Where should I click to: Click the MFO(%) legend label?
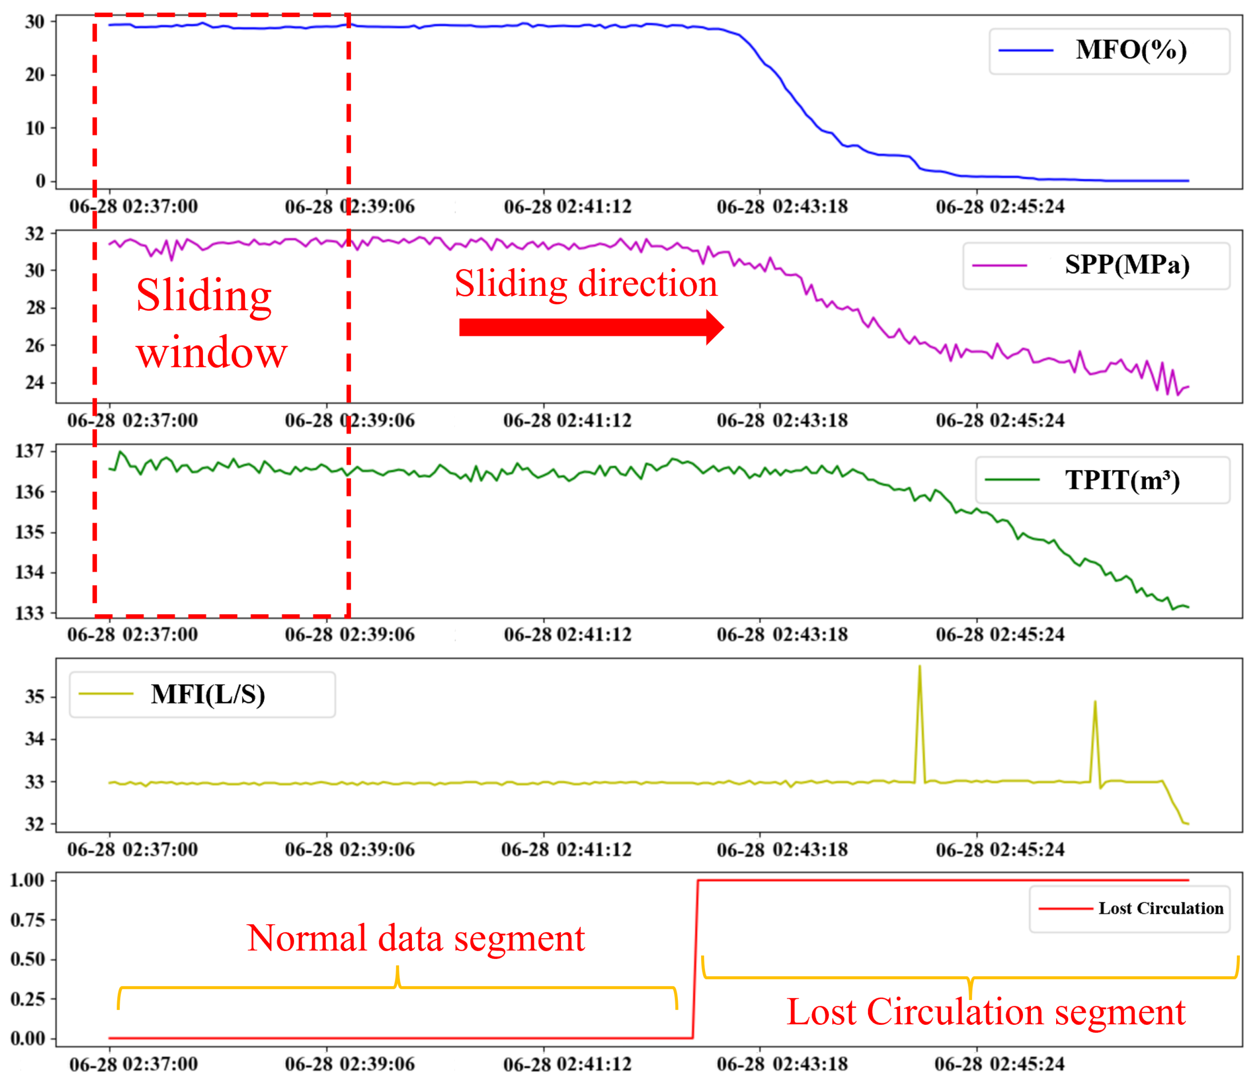tap(1130, 51)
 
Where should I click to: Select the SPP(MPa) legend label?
tap(1127, 265)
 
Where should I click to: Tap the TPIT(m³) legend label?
tap(1122, 480)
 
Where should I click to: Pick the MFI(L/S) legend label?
tap(208, 695)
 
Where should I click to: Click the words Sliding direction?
tap(586, 284)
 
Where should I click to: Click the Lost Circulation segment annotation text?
tap(985, 1012)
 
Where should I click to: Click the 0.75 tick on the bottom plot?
tap(27, 920)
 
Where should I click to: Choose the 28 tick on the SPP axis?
tap(35, 308)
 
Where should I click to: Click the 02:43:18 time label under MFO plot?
tap(782, 207)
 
